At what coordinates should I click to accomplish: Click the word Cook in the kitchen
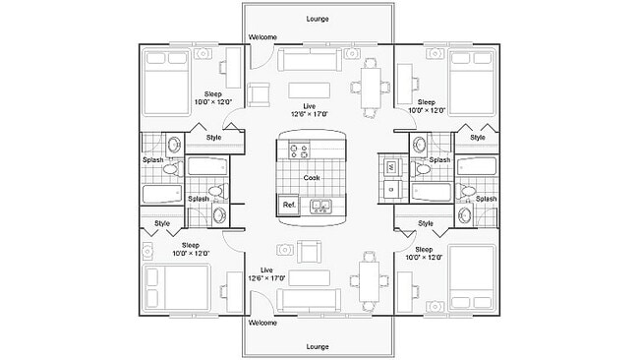(311, 178)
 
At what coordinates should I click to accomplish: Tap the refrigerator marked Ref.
(289, 205)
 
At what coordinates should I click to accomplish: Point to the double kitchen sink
(320, 206)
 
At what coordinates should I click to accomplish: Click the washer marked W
(390, 168)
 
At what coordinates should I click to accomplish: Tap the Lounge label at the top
(318, 18)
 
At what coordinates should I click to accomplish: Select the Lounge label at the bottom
(318, 346)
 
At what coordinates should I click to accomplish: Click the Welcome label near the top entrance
(262, 37)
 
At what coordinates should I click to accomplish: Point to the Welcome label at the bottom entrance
(262, 323)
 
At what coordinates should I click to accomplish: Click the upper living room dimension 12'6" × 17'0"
(310, 114)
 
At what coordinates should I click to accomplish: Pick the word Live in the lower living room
(265, 270)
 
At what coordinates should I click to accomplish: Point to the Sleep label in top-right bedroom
(426, 101)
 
